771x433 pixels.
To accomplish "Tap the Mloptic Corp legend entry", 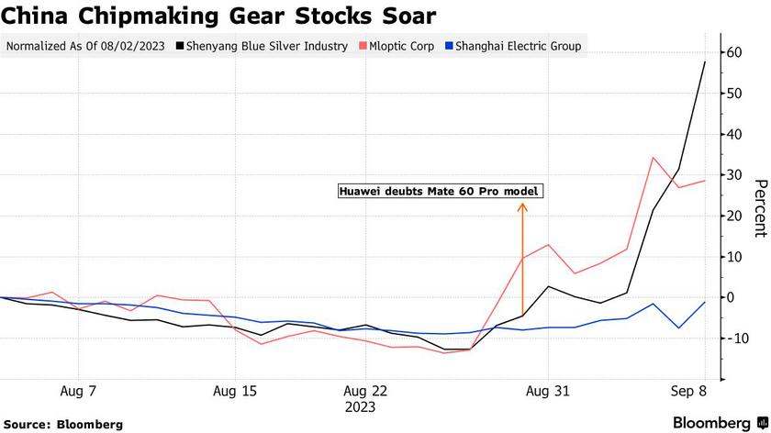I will [397, 46].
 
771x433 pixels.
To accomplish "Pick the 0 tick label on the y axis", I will [731, 297].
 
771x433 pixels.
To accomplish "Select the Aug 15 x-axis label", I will [234, 391].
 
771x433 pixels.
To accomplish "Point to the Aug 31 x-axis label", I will [548, 391].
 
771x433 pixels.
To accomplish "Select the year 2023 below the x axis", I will [360, 406].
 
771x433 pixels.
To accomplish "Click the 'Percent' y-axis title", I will [759, 209].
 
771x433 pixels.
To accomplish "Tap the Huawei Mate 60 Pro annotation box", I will [439, 191].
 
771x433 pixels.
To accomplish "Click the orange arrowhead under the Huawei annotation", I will [522, 206].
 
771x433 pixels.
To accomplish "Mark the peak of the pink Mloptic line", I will [653, 158].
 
